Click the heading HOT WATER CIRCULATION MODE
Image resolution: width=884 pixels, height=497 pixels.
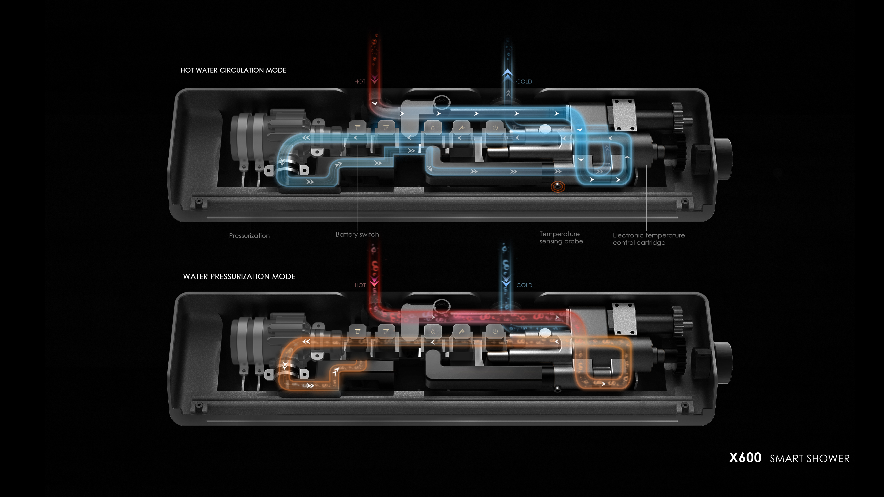click(233, 70)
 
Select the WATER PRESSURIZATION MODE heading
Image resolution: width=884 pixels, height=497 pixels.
click(239, 277)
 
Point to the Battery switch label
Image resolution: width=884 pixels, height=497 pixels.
click(357, 234)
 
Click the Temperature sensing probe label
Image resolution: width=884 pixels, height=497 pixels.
click(561, 238)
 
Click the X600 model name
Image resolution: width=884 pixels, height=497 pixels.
click(745, 458)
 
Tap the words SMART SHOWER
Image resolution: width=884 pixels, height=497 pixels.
click(810, 459)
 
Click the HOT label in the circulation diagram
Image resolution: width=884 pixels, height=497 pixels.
click(360, 82)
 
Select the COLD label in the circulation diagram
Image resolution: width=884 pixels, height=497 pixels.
click(524, 82)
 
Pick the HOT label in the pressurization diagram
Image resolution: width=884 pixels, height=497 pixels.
click(360, 285)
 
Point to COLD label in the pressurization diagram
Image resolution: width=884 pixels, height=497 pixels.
click(524, 285)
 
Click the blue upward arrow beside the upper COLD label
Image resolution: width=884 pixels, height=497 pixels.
click(508, 75)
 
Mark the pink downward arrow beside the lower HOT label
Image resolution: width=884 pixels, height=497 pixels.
click(374, 283)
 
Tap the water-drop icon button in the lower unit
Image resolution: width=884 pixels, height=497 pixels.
click(433, 332)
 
